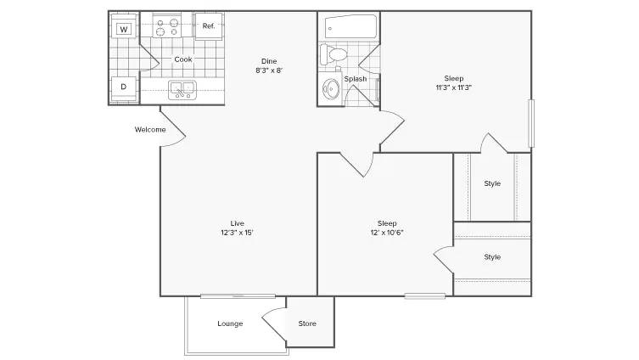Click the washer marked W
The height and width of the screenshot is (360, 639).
click(124, 26)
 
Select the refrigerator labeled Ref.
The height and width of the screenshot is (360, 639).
click(209, 26)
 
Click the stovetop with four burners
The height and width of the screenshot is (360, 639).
click(167, 27)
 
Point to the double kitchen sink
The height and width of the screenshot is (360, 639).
click(182, 90)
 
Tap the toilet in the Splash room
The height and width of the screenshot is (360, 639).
click(334, 54)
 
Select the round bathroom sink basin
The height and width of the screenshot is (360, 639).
click(331, 88)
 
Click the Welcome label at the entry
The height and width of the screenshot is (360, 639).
click(150, 130)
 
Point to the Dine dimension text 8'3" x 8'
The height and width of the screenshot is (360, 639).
click(269, 70)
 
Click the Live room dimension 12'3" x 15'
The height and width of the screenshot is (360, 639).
click(237, 233)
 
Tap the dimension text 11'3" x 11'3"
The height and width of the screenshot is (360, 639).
click(453, 87)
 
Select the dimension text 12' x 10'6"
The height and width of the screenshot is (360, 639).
click(387, 233)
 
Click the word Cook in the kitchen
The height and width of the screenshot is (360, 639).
click(183, 59)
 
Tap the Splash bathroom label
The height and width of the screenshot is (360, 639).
click(356, 79)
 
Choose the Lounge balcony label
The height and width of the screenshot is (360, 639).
click(230, 323)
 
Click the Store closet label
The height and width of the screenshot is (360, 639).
click(307, 323)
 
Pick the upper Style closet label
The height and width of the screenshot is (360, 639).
click(492, 183)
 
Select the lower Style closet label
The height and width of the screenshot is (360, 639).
click(492, 257)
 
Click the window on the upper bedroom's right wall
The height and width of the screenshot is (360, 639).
click(531, 123)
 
